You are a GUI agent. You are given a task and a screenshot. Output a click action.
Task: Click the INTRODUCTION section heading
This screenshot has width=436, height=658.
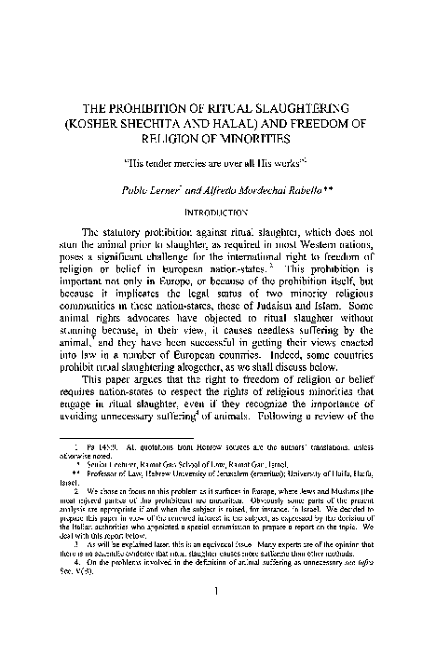coord(217,212)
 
